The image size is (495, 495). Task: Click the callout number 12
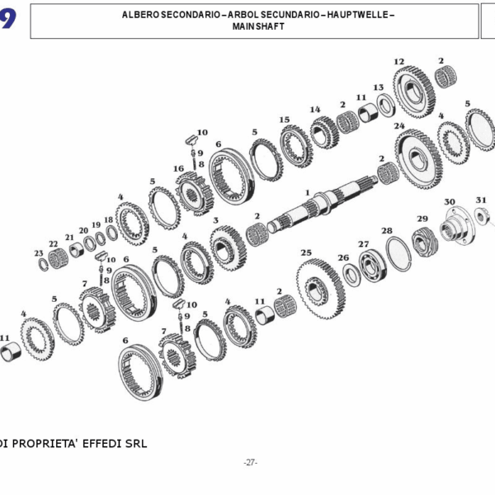click(x=399, y=62)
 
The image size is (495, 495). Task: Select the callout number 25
click(x=306, y=253)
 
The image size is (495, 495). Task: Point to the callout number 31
click(x=481, y=200)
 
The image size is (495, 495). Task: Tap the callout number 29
click(x=422, y=219)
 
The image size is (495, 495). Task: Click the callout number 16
click(x=178, y=169)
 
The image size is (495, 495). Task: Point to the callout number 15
click(x=284, y=120)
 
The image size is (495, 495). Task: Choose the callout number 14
click(x=315, y=110)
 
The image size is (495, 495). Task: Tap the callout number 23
click(x=38, y=253)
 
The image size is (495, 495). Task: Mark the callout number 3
click(x=215, y=221)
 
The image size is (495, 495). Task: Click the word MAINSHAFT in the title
click(x=253, y=26)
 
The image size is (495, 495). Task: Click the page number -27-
click(x=251, y=463)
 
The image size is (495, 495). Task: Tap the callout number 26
click(x=343, y=258)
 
